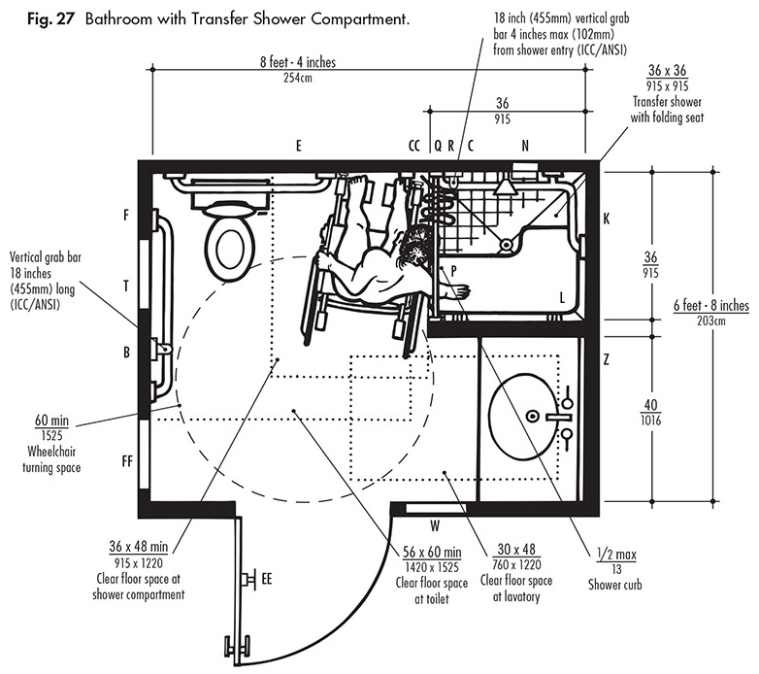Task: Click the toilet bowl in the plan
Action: pyautogui.click(x=230, y=248)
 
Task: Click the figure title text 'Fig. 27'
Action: pyautogui.click(x=50, y=19)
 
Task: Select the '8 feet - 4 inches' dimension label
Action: pyautogui.click(x=298, y=62)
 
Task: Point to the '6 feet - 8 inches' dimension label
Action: pyautogui.click(x=711, y=306)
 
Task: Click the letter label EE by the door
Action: pyautogui.click(x=267, y=579)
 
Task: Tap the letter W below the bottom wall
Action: pyautogui.click(x=435, y=525)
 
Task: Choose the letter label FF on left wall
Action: pyautogui.click(x=127, y=461)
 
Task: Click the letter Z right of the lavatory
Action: pyautogui.click(x=606, y=359)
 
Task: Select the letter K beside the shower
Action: pyautogui.click(x=607, y=219)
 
